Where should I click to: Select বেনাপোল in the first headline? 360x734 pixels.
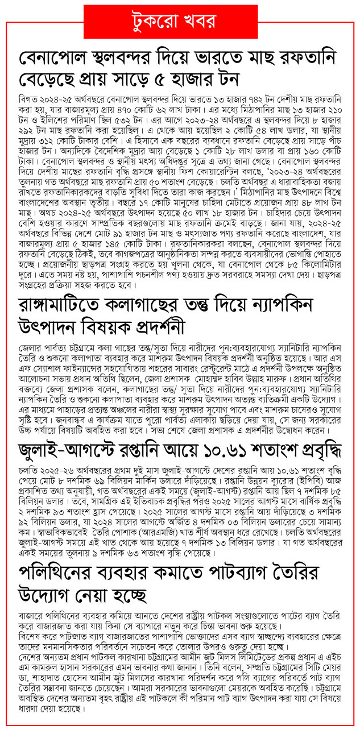tap(59, 58)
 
